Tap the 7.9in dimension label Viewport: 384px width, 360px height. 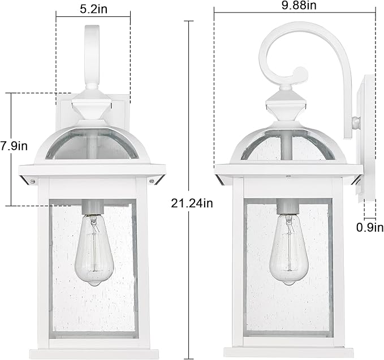coord(14,146)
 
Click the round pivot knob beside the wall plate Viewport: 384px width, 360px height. coord(355,122)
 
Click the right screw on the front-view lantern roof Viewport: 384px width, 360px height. coord(152,181)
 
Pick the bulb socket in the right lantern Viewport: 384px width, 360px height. coord(287,208)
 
